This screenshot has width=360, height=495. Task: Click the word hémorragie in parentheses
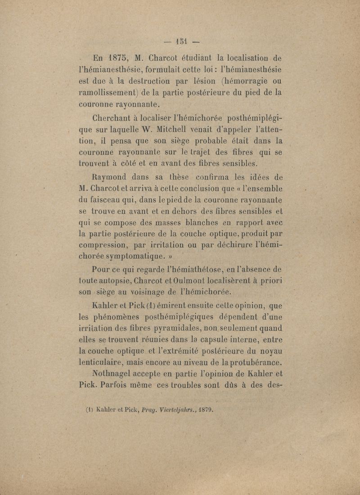(253, 81)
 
